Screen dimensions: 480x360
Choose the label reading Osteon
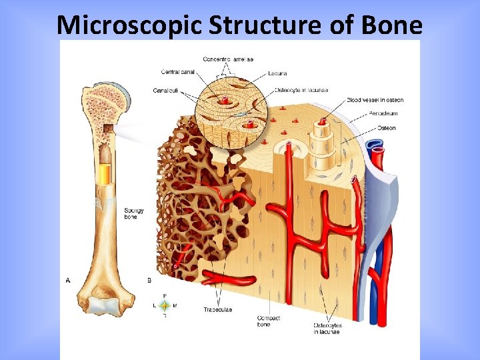(x=387, y=128)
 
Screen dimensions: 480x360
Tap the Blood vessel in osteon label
(x=375, y=100)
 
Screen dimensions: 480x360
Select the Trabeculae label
(x=217, y=309)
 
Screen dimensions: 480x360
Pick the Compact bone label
(x=269, y=321)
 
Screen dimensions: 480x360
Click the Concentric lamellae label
(x=228, y=60)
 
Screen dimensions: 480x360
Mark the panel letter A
(x=68, y=281)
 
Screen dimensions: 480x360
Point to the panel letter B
(x=149, y=281)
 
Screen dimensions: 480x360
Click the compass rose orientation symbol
(x=164, y=305)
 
